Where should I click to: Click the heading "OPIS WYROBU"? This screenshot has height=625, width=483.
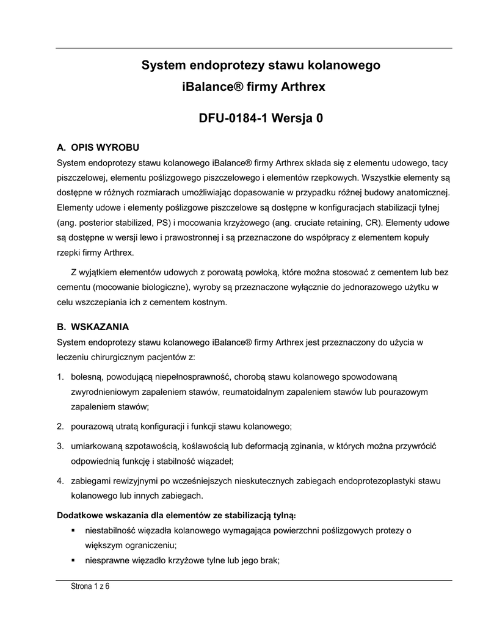pyautogui.click(x=106, y=148)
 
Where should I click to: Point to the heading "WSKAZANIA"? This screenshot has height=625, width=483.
pyautogui.click(x=100, y=327)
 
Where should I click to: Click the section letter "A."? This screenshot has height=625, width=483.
pyautogui.click(x=61, y=148)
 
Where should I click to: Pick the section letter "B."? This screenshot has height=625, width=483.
pyautogui.click(x=61, y=327)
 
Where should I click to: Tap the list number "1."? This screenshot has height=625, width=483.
pyautogui.click(x=60, y=377)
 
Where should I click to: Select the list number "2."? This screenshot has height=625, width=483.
pyautogui.click(x=60, y=425)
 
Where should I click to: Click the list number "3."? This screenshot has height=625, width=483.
pyautogui.click(x=60, y=446)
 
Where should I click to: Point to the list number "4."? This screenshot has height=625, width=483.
pyautogui.click(x=60, y=481)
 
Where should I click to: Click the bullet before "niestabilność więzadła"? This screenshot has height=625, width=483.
pyautogui.click(x=73, y=530)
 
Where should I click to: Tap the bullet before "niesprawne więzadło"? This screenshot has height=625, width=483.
pyautogui.click(x=73, y=560)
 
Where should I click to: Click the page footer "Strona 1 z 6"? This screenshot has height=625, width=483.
pyautogui.click(x=90, y=587)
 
